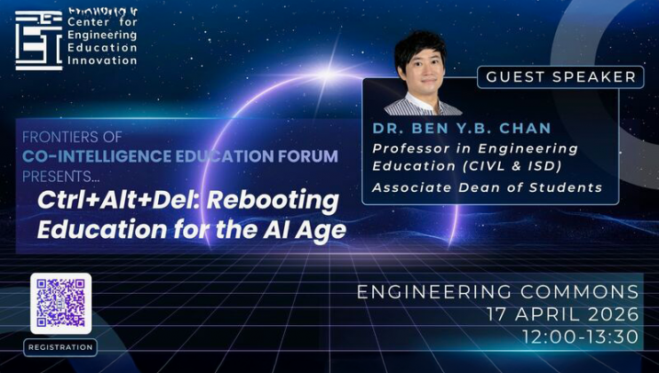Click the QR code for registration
click(x=60, y=304)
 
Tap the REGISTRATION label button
click(x=60, y=347)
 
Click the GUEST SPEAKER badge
click(x=561, y=76)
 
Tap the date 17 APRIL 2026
click(x=562, y=313)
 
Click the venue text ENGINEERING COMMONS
click(x=497, y=291)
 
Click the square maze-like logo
click(x=38, y=40)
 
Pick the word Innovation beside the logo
click(x=103, y=60)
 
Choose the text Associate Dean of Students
click(x=487, y=186)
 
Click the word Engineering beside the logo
click(x=104, y=35)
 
